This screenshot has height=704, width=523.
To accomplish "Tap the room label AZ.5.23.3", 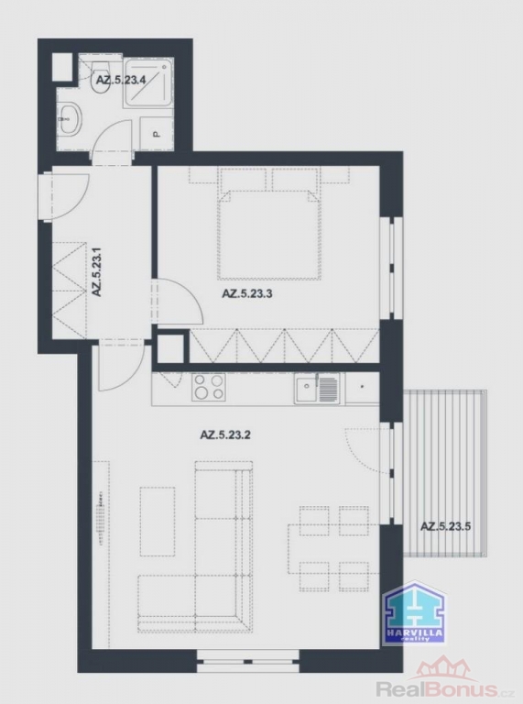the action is [247, 294].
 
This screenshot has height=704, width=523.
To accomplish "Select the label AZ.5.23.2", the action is [225, 434].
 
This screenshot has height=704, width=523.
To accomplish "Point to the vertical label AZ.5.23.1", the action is [97, 271].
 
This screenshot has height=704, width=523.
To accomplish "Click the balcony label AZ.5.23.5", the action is [445, 527].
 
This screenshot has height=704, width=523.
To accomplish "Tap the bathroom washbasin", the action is [70, 118].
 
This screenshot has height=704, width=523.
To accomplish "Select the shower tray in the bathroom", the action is [148, 82].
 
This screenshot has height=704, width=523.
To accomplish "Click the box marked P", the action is [156, 133].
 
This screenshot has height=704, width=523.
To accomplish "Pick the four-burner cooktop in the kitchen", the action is [209, 387].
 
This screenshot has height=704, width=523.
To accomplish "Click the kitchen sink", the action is [317, 389].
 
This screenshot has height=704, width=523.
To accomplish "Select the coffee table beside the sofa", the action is [158, 522].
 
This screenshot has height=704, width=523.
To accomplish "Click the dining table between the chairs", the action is [333, 548].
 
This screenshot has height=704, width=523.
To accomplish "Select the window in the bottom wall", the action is [248, 661].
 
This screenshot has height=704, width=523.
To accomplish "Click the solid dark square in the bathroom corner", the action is [62, 67].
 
